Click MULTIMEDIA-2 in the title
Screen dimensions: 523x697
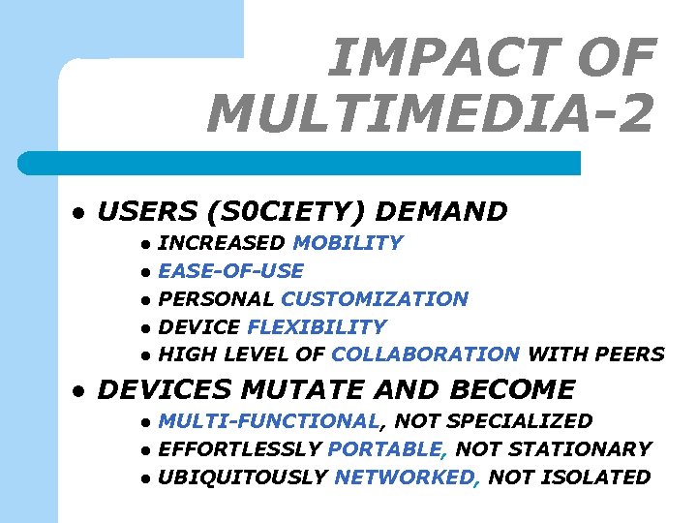(x=431, y=113)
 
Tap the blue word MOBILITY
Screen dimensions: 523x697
(x=348, y=243)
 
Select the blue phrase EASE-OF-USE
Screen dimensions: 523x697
(x=230, y=271)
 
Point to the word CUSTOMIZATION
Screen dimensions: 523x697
(x=375, y=299)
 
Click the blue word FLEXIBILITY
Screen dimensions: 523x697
(x=317, y=327)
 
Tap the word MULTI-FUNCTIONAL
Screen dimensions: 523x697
(x=268, y=421)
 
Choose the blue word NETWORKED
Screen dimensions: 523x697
(x=406, y=477)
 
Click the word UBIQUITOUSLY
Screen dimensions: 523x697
(x=242, y=477)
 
